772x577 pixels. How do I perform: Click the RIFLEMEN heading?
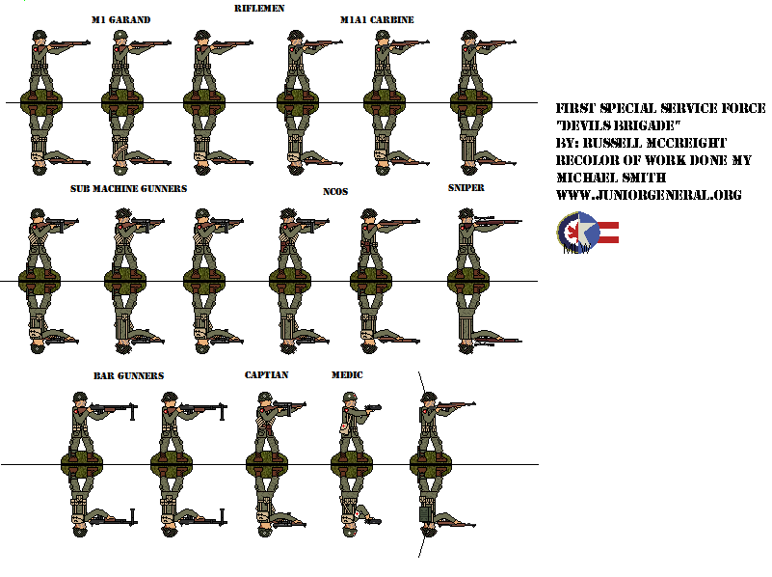click(259, 8)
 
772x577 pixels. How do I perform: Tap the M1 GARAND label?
click(121, 19)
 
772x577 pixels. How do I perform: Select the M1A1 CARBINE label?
click(377, 19)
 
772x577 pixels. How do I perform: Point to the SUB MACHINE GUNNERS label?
click(128, 189)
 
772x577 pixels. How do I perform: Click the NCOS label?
click(335, 192)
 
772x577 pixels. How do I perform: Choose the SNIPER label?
click(466, 188)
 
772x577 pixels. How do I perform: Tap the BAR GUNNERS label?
click(128, 376)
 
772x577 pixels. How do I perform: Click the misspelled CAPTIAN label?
click(266, 375)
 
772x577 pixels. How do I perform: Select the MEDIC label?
click(347, 375)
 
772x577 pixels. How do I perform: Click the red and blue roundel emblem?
click(577, 232)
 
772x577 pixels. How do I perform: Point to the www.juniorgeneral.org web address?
click(649, 195)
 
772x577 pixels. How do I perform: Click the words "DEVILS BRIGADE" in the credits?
click(618, 125)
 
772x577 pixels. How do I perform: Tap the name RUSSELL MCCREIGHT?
click(654, 143)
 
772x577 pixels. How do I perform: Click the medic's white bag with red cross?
click(345, 427)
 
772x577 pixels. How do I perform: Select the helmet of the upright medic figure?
click(349, 398)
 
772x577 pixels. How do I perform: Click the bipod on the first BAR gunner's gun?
click(132, 412)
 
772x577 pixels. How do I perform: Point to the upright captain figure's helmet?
click(264, 398)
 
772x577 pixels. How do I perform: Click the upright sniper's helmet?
click(466, 213)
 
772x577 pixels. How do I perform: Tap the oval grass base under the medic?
click(352, 464)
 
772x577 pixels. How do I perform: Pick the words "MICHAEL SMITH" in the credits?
click(611, 178)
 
